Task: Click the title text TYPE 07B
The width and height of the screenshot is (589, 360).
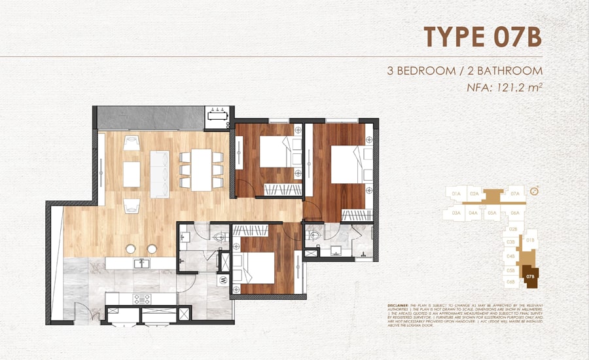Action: (x=482, y=37)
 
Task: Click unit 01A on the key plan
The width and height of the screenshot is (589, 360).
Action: (x=457, y=194)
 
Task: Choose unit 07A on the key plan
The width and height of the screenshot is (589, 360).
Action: (x=515, y=194)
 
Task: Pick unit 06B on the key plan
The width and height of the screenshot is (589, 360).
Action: (x=510, y=281)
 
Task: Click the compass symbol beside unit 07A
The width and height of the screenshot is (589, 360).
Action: (x=535, y=192)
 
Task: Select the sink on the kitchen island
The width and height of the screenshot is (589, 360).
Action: (x=141, y=263)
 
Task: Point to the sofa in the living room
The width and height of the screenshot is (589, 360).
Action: (x=159, y=174)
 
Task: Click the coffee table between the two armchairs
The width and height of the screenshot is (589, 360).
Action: (x=132, y=173)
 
